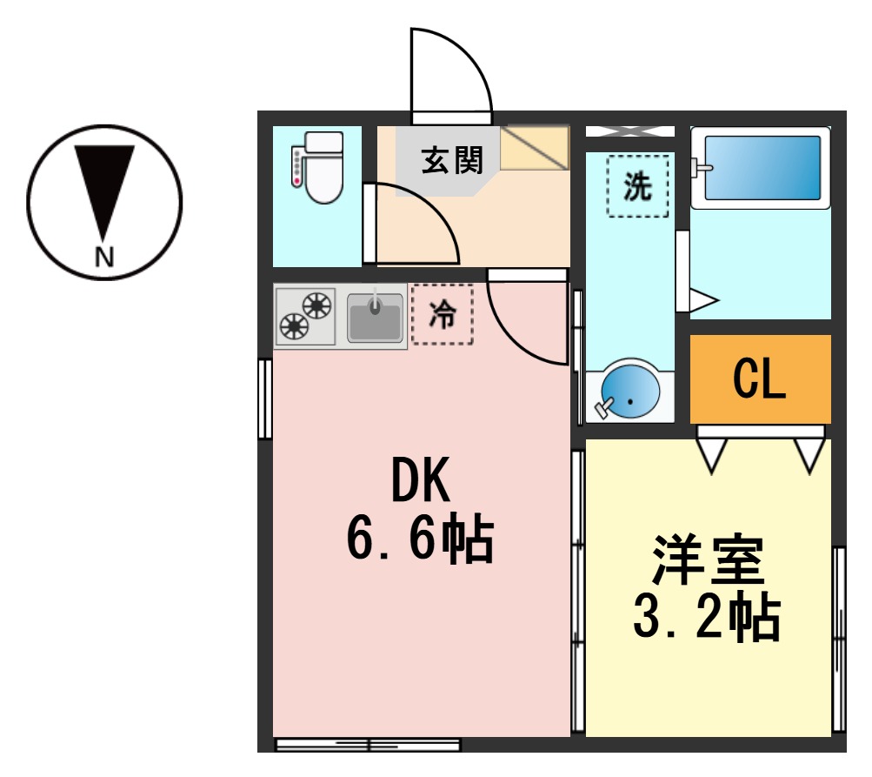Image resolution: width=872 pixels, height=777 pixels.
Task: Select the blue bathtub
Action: tap(760, 167)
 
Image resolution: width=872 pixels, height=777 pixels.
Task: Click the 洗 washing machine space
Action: tap(638, 185)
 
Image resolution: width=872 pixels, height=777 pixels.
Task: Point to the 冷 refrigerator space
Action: tap(443, 314)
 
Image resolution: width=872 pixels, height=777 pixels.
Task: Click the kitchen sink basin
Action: tap(375, 318)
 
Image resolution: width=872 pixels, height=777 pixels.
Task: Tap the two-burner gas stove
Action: tap(306, 316)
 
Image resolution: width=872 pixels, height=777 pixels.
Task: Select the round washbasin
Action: tap(629, 391)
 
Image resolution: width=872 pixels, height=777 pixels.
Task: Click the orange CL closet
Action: tap(760, 379)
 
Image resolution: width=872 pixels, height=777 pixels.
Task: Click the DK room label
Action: tap(421, 481)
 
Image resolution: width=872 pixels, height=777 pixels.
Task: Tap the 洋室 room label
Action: tap(709, 561)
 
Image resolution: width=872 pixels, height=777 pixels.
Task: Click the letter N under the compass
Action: tap(104, 257)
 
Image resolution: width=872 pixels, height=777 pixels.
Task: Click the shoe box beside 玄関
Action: tap(534, 148)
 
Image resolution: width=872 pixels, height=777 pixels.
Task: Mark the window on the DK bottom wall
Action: tap(368, 744)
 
